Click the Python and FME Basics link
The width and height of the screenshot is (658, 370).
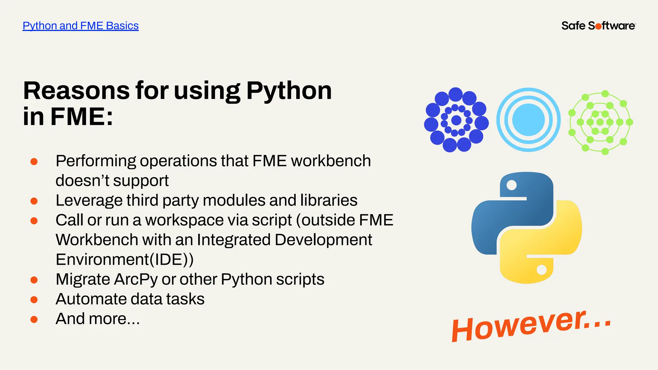coord(80,26)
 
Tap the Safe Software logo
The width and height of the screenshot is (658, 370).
coord(598,26)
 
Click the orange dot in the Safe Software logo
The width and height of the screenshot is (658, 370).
coord(598,26)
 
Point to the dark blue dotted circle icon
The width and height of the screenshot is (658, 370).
coord(456,120)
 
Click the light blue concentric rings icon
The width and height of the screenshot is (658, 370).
coord(529,120)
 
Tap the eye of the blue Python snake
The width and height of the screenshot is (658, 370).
coord(511,185)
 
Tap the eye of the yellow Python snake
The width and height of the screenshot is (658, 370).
coord(542,269)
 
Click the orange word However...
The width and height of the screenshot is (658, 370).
coord(517,328)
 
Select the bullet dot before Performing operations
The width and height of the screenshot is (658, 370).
coord(34,161)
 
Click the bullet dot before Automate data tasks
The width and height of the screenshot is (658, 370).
coord(34,300)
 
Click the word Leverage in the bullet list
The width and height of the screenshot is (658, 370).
coord(89,200)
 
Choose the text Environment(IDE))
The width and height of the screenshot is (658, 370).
coord(125,260)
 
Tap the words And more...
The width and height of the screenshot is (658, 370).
coord(98,319)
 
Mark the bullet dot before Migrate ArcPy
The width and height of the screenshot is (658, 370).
coord(34,280)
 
